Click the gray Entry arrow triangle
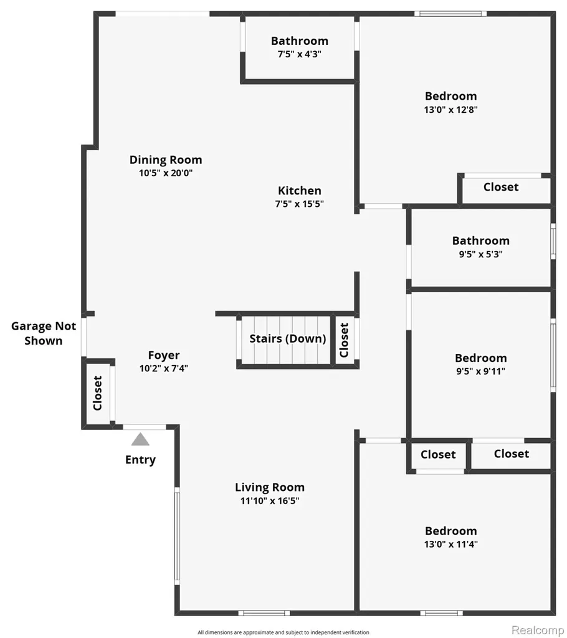coord(140,439)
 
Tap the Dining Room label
coord(166,160)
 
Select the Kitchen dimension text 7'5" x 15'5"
coord(300,204)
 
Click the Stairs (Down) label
coord(288,338)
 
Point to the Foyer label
coord(164,355)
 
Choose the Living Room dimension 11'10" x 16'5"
coord(269,500)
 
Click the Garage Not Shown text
coord(44,333)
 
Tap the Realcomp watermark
coord(538,630)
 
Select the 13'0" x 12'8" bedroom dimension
coord(450,110)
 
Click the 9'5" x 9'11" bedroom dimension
coord(481,371)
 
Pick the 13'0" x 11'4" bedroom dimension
coord(450,544)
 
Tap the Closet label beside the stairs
coord(345,340)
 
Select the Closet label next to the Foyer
coord(97,393)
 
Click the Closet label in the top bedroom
coord(501,187)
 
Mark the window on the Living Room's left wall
coord(177,536)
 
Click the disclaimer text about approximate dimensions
coord(283,632)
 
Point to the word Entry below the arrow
coord(140,460)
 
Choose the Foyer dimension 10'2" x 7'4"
coord(164,368)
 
